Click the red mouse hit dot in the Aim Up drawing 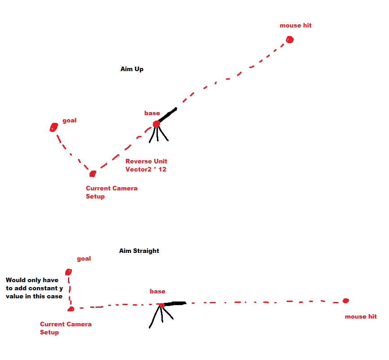tap(290, 40)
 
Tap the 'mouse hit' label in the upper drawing tap(295, 25)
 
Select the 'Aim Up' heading tap(132, 69)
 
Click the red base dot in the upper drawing tap(156, 124)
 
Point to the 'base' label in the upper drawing tap(152, 113)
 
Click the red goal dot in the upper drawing tap(54, 127)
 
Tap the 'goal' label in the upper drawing tap(69, 120)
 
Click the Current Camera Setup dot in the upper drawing tap(93, 174)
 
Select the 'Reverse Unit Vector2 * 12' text tap(146, 165)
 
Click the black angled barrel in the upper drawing tap(167, 115)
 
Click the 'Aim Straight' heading tap(139, 251)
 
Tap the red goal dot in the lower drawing tap(68, 272)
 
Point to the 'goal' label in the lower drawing tap(84, 258)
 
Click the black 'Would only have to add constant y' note tap(34, 288)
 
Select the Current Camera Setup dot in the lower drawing tap(71, 309)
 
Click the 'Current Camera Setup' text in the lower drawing tap(66, 328)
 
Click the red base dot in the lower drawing tap(162, 306)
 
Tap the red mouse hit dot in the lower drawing tap(345, 301)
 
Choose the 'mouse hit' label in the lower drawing tap(361, 316)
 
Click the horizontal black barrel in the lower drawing tap(175, 304)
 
